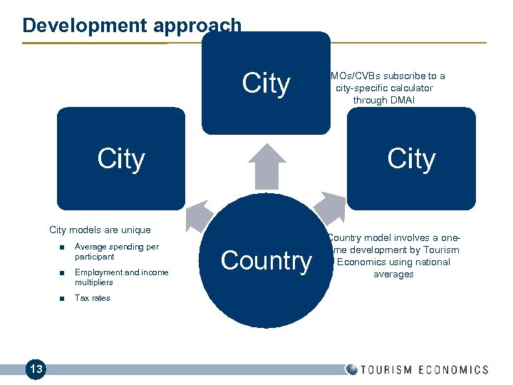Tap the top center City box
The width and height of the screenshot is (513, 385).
(266, 83)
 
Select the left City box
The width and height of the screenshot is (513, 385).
(120, 158)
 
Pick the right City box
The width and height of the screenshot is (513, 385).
(411, 158)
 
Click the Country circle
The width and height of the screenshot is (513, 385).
(266, 261)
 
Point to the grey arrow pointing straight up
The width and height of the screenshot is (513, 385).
(266, 168)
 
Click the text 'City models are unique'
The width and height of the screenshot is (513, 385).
(100, 230)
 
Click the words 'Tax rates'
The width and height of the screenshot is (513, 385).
(92, 298)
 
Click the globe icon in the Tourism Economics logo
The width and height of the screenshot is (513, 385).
(351, 369)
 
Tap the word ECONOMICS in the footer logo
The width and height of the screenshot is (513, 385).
(453, 369)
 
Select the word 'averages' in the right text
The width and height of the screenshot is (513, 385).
(393, 274)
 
